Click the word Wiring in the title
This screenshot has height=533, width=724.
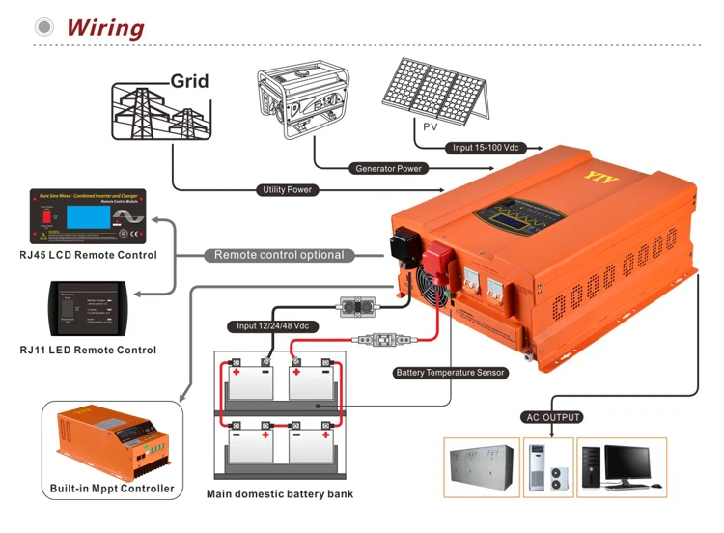pyautogui.click(x=105, y=27)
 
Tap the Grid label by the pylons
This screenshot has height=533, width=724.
pyautogui.click(x=189, y=81)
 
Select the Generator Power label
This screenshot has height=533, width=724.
pyautogui.click(x=388, y=169)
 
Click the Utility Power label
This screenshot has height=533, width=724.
pyautogui.click(x=288, y=190)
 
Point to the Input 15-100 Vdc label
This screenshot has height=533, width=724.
pyautogui.click(x=486, y=148)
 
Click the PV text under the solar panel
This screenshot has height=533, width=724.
pyautogui.click(x=431, y=126)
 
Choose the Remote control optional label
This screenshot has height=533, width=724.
pyautogui.click(x=279, y=255)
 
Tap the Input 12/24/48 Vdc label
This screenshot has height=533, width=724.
pyautogui.click(x=273, y=326)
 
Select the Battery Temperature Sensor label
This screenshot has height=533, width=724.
pyautogui.click(x=451, y=373)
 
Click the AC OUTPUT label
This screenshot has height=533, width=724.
pyautogui.click(x=552, y=417)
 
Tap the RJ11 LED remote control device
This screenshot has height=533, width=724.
pyautogui.click(x=88, y=307)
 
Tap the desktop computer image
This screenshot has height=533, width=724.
pyautogui.click(x=622, y=468)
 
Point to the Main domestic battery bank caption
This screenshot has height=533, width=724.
pyautogui.click(x=280, y=494)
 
